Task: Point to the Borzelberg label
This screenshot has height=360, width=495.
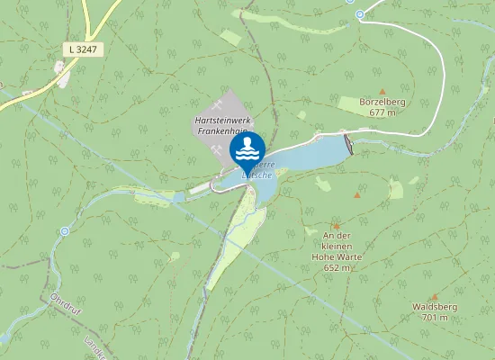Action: point(382,102)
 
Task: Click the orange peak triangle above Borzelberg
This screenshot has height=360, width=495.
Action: point(382,91)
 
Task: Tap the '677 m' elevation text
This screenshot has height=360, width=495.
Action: point(382,112)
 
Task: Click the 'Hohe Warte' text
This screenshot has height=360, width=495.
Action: point(335,256)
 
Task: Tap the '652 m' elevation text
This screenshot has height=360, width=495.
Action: point(336,267)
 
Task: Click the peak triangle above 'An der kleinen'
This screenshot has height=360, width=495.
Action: point(337,226)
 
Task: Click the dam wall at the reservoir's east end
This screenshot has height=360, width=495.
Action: point(348,143)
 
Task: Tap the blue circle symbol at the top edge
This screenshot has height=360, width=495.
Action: point(360,14)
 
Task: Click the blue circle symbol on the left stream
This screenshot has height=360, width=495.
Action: point(64,230)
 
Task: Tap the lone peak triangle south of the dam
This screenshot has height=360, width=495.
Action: point(357,194)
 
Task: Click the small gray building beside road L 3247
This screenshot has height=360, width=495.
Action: point(62,67)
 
